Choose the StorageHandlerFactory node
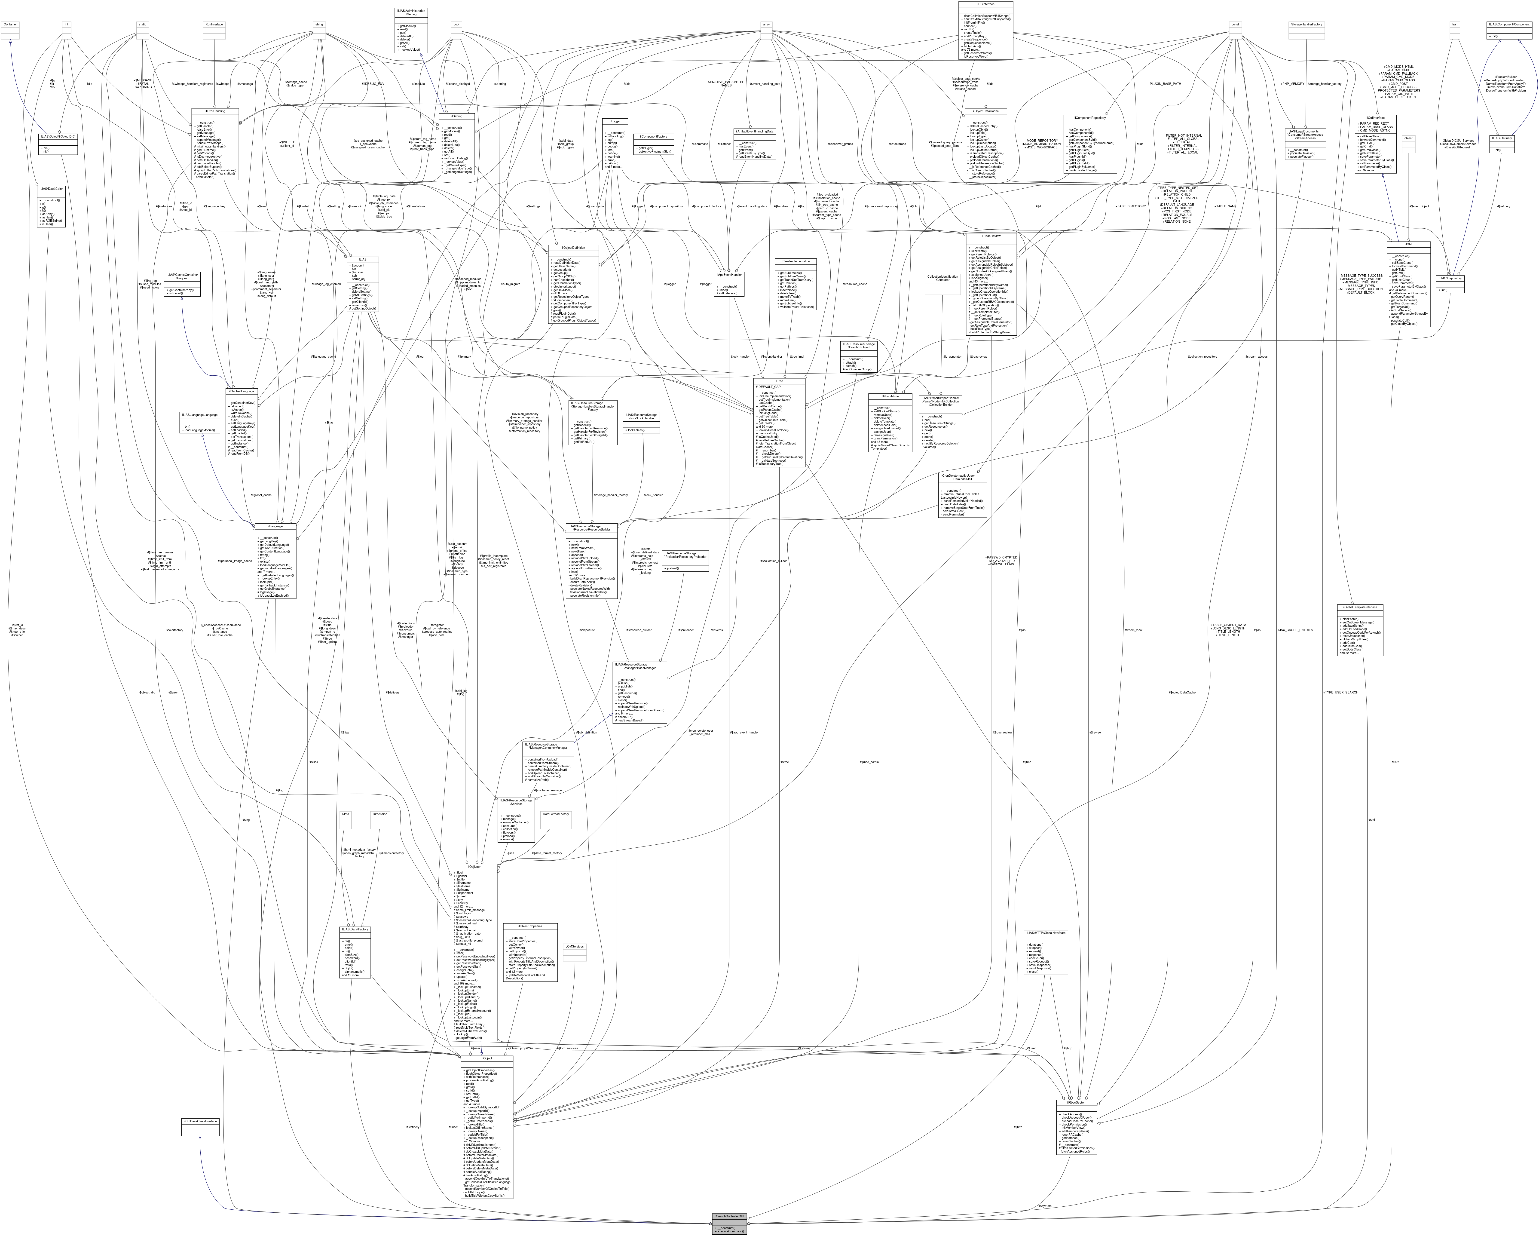[x=1306, y=24]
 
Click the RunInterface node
[x=214, y=24]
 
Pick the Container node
[x=10, y=24]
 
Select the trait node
[x=1454, y=24]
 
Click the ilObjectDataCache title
[x=985, y=111]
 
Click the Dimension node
[x=380, y=814]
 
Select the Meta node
[x=346, y=814]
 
